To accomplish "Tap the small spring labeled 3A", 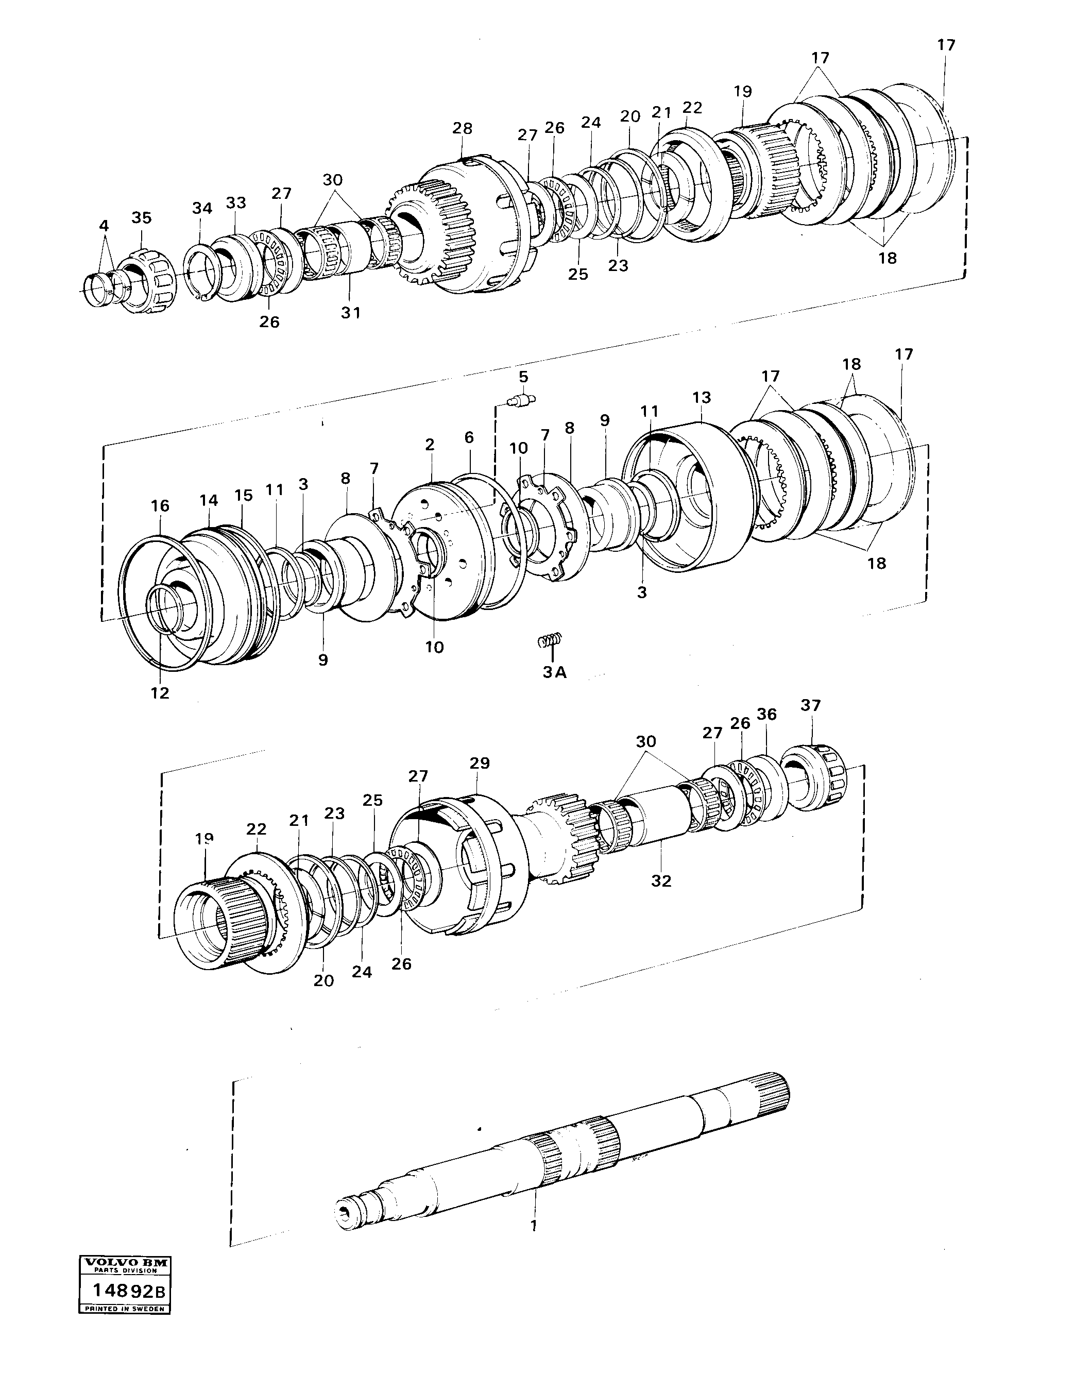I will [550, 640].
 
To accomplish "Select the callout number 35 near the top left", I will [141, 217].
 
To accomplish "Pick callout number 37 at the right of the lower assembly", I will [811, 705].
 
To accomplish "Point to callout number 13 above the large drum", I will [701, 397].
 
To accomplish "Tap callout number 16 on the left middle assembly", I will [160, 505].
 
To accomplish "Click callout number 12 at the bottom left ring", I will [160, 693].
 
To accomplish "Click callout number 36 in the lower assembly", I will [766, 714].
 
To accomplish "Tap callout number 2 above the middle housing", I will [430, 445].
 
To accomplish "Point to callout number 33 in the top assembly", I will [235, 202].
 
